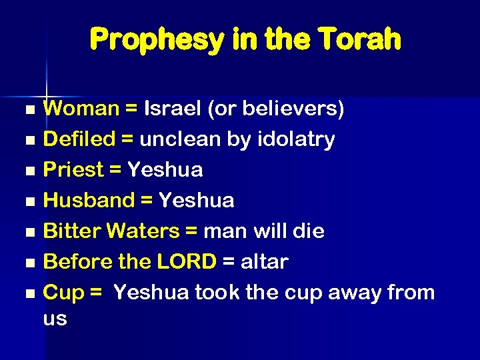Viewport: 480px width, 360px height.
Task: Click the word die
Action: pos(308,231)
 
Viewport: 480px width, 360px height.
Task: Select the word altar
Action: pos(265,262)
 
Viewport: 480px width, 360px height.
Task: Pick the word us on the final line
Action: pos(55,319)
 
